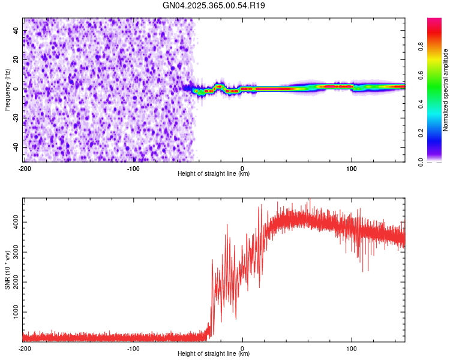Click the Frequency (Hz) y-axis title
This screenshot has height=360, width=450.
pyautogui.click(x=7, y=89)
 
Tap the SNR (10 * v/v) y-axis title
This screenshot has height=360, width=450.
pyautogui.click(x=7, y=269)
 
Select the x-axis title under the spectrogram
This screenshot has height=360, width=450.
pyautogui.click(x=214, y=174)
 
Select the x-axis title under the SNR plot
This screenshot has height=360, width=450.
pyautogui.click(x=214, y=354)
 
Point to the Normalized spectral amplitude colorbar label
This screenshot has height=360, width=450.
pyautogui.click(x=446, y=90)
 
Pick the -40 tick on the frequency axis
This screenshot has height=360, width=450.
pyautogui.click(x=14, y=147)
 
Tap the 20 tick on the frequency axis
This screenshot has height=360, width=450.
pyautogui.click(x=16, y=59)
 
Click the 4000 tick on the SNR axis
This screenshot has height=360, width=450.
pyautogui.click(x=13, y=223)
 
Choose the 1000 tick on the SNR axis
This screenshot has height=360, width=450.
pyautogui.click(x=13, y=313)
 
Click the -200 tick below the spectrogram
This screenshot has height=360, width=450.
pyautogui.click(x=25, y=168)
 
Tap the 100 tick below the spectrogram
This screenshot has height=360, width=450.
pyautogui.click(x=351, y=168)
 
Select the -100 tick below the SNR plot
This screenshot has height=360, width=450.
pyautogui.click(x=133, y=348)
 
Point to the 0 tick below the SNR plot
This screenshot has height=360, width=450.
pyautogui.click(x=242, y=348)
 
